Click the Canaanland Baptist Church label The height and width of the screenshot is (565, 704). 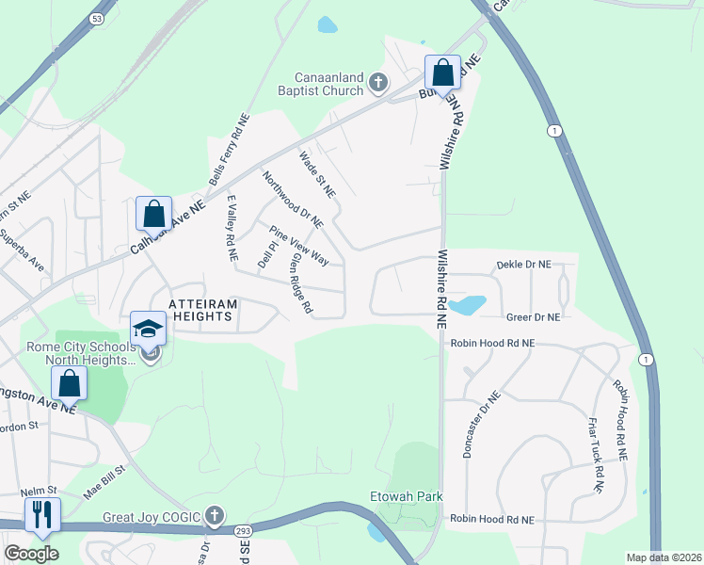[316, 83]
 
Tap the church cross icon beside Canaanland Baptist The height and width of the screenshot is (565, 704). [377, 83]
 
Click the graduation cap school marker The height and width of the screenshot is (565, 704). [148, 328]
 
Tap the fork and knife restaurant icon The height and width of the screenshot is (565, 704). [42, 514]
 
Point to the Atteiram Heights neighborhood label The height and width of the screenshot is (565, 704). [200, 310]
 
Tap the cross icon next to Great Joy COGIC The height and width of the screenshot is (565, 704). [215, 515]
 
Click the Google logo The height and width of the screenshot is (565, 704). [31, 554]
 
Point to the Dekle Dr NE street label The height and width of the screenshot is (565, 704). [523, 266]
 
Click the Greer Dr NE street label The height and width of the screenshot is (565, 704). [533, 318]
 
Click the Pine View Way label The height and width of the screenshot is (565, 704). [298, 245]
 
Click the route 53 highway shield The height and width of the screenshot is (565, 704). [97, 19]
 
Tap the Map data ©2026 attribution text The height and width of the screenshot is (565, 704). [664, 557]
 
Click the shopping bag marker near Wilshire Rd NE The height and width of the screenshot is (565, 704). [441, 73]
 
